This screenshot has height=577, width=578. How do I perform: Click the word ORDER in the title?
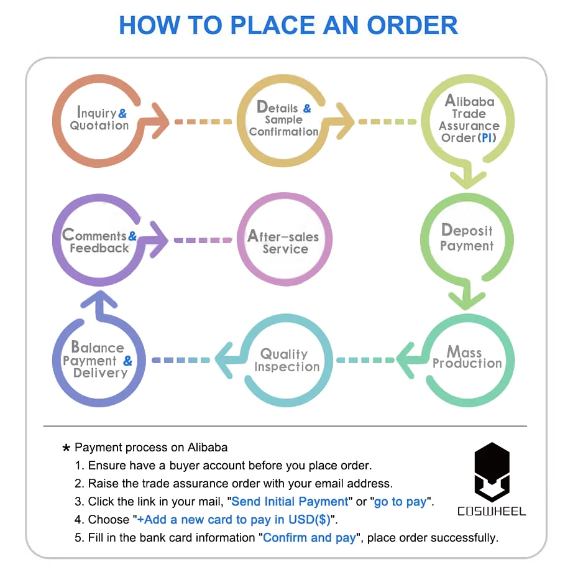tap(412, 25)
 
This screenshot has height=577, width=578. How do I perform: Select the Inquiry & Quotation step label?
tap(99, 119)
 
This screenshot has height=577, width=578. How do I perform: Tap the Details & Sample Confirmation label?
tap(283, 119)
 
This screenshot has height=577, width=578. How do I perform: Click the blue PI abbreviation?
tap(488, 137)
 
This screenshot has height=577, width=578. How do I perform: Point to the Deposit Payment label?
tap(467, 238)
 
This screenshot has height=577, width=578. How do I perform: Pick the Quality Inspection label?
tap(286, 360)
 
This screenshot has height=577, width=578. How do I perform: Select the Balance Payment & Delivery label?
tap(99, 360)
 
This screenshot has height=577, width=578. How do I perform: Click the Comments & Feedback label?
tap(99, 241)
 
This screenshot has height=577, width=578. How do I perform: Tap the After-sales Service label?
tap(284, 242)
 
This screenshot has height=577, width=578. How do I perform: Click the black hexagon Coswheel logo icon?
tap(492, 472)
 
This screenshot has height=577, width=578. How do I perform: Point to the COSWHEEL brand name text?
tap(492, 512)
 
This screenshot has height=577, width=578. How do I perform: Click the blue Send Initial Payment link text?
tap(290, 501)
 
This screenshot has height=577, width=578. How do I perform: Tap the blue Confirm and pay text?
tap(310, 537)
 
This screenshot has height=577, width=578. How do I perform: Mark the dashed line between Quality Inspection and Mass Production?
tap(366, 360)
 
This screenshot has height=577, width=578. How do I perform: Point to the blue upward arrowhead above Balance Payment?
tap(99, 302)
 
